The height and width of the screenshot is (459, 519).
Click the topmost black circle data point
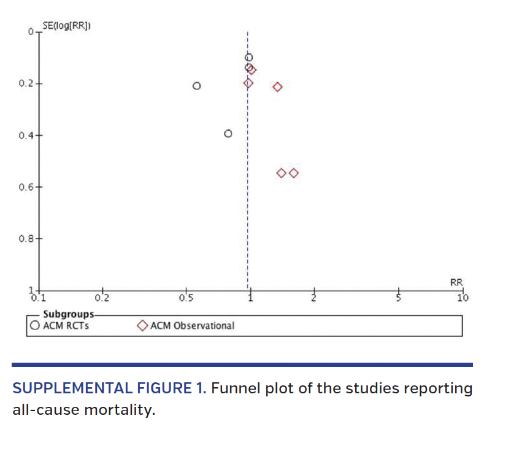point(248,57)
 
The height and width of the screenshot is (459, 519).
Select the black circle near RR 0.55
point(196,86)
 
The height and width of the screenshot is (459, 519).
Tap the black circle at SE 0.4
point(228,133)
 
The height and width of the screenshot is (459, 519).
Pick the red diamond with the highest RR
point(294,173)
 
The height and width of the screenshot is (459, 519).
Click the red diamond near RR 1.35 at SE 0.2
point(277,87)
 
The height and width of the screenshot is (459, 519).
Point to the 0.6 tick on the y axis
point(39,186)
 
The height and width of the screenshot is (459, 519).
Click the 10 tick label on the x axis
point(463,299)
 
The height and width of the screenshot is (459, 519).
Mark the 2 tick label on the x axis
point(313,299)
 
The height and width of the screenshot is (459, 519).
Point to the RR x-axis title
point(456,282)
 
